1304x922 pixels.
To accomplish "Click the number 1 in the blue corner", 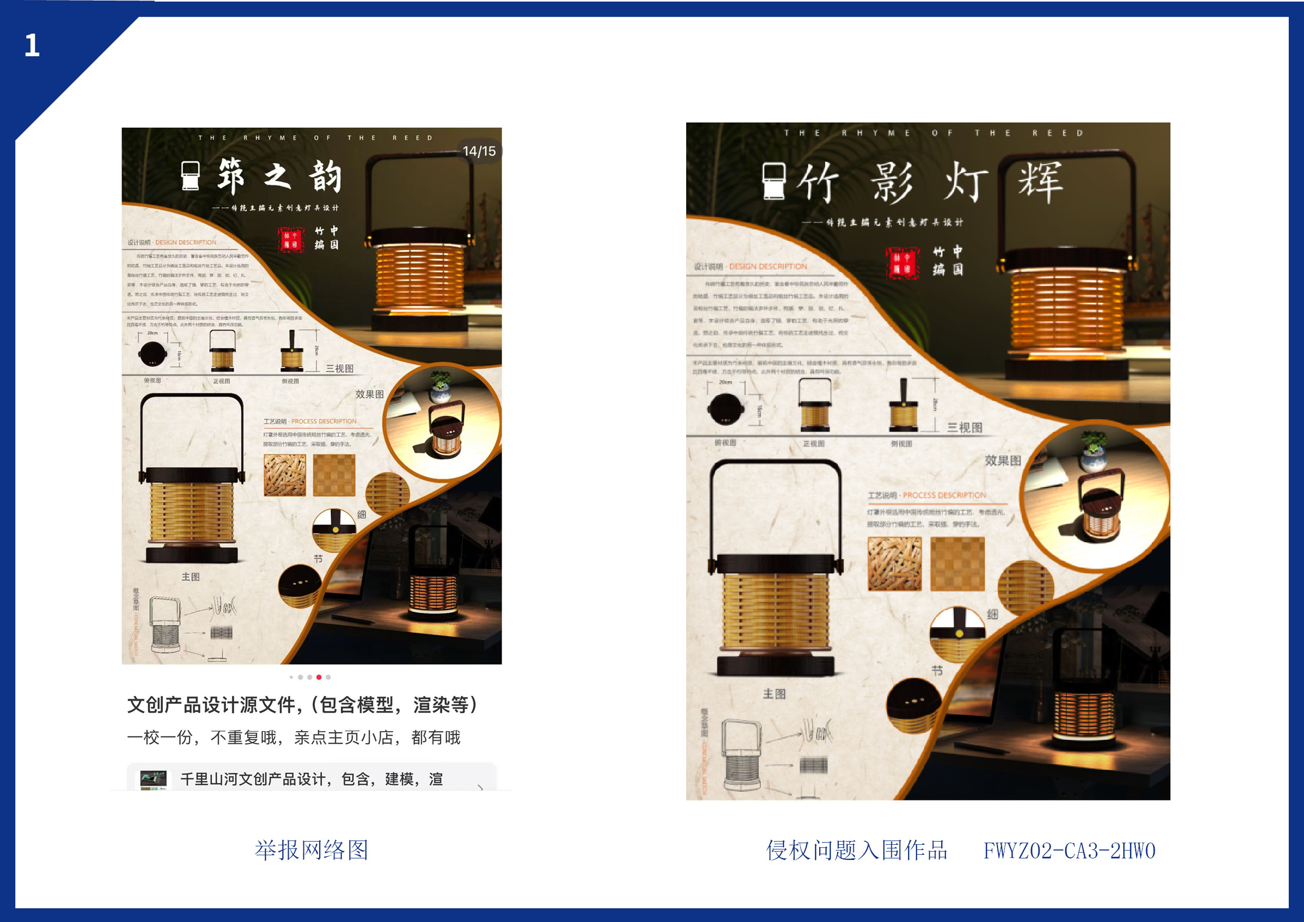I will pos(32,45).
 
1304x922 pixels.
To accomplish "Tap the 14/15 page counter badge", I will pos(479,151).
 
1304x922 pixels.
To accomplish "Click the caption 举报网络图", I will pos(311,850).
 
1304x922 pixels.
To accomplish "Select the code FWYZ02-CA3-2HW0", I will pos(1069,851).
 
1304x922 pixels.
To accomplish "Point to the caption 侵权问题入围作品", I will pos(857,850).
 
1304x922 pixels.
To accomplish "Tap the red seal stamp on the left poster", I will pos(291,240).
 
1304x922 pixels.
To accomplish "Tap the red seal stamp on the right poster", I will pos(902,262).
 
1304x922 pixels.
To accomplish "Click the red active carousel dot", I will pos(319,677).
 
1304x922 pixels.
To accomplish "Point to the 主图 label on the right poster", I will pos(774,694).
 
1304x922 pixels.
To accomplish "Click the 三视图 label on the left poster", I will pos(340,368).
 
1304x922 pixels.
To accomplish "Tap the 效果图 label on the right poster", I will pos(1002,460).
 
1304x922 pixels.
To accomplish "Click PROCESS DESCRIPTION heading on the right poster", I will pos(944,495).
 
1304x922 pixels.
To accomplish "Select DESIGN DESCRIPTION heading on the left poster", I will pos(186,242).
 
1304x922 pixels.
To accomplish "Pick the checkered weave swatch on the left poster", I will pos(334,475).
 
